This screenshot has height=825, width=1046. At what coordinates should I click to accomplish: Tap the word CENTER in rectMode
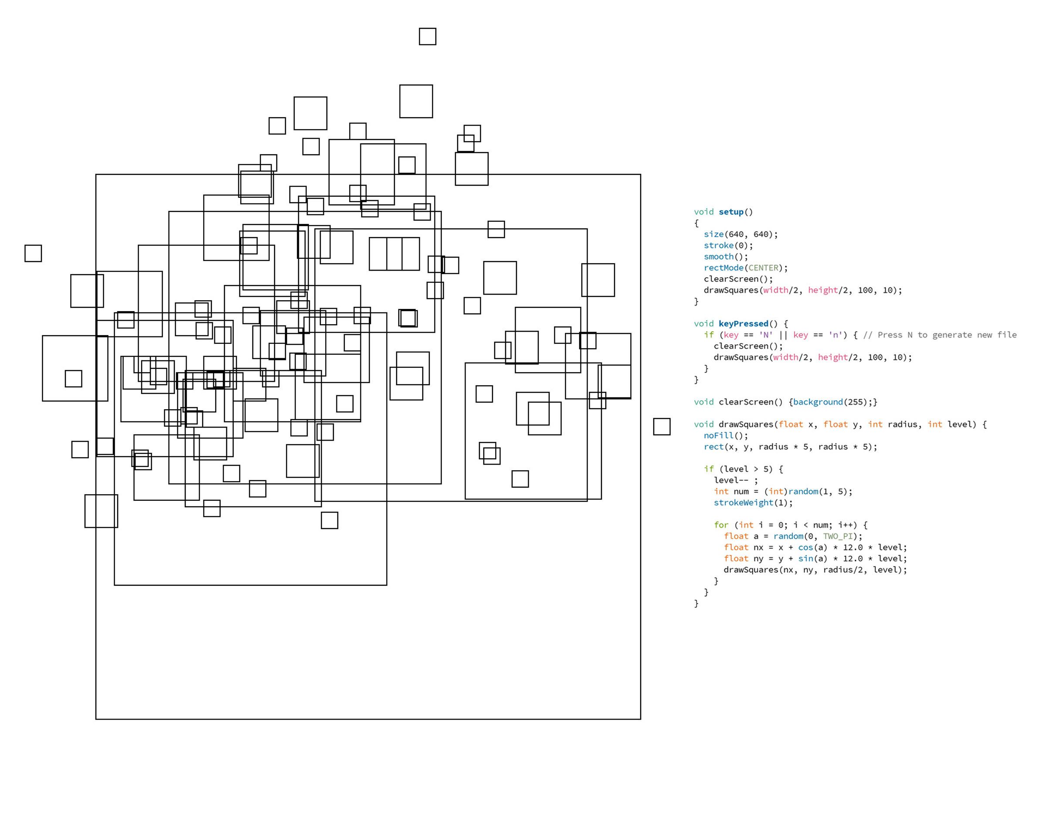coord(763,268)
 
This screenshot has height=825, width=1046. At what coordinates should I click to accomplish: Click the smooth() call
coord(725,257)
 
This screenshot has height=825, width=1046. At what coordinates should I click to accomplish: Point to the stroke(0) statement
coord(728,245)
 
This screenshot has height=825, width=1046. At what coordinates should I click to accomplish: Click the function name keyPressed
coord(743,324)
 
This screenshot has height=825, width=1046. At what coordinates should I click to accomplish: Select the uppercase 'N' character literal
coord(765,335)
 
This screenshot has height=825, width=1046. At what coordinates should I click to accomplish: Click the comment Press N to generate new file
coord(940,335)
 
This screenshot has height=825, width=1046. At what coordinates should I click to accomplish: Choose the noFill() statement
coord(725,436)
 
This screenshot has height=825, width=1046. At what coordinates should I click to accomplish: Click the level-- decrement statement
coord(736,480)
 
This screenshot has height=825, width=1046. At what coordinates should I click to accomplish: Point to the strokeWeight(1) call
coord(753,503)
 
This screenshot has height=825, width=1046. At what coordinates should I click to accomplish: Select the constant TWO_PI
coord(840,536)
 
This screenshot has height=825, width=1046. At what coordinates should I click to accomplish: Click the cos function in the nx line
coord(805,547)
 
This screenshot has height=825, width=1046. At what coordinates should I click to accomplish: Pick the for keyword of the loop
coord(721,525)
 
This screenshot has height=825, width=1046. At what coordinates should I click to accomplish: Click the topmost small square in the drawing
coord(428,36)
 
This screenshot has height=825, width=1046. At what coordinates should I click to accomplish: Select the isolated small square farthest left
coord(33,253)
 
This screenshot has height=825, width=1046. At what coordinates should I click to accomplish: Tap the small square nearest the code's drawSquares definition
coord(662,427)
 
